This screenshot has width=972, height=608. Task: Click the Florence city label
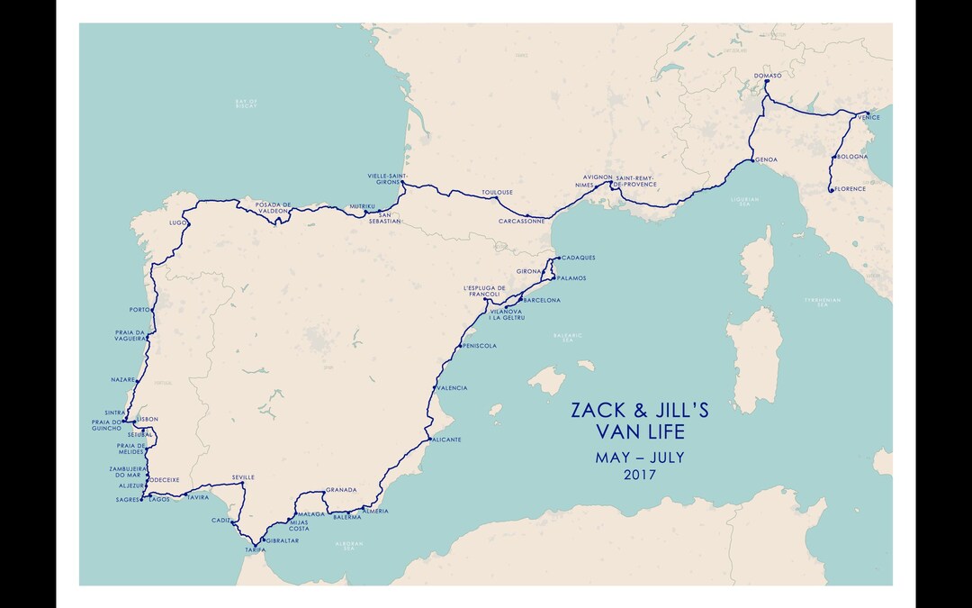850,189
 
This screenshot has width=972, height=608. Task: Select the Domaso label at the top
768,76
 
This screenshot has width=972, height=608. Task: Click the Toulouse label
497,192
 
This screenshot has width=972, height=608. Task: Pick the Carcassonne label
521,221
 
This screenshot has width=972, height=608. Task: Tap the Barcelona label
542,300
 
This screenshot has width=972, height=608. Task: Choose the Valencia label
451,388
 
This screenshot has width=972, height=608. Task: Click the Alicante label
446,440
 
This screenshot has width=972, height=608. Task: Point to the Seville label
243,477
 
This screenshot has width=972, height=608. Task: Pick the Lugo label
176,222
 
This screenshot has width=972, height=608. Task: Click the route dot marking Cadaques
558,258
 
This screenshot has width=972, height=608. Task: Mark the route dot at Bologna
832,158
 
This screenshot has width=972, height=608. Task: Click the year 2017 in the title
639,475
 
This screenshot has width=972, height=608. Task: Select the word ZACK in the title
597,411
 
